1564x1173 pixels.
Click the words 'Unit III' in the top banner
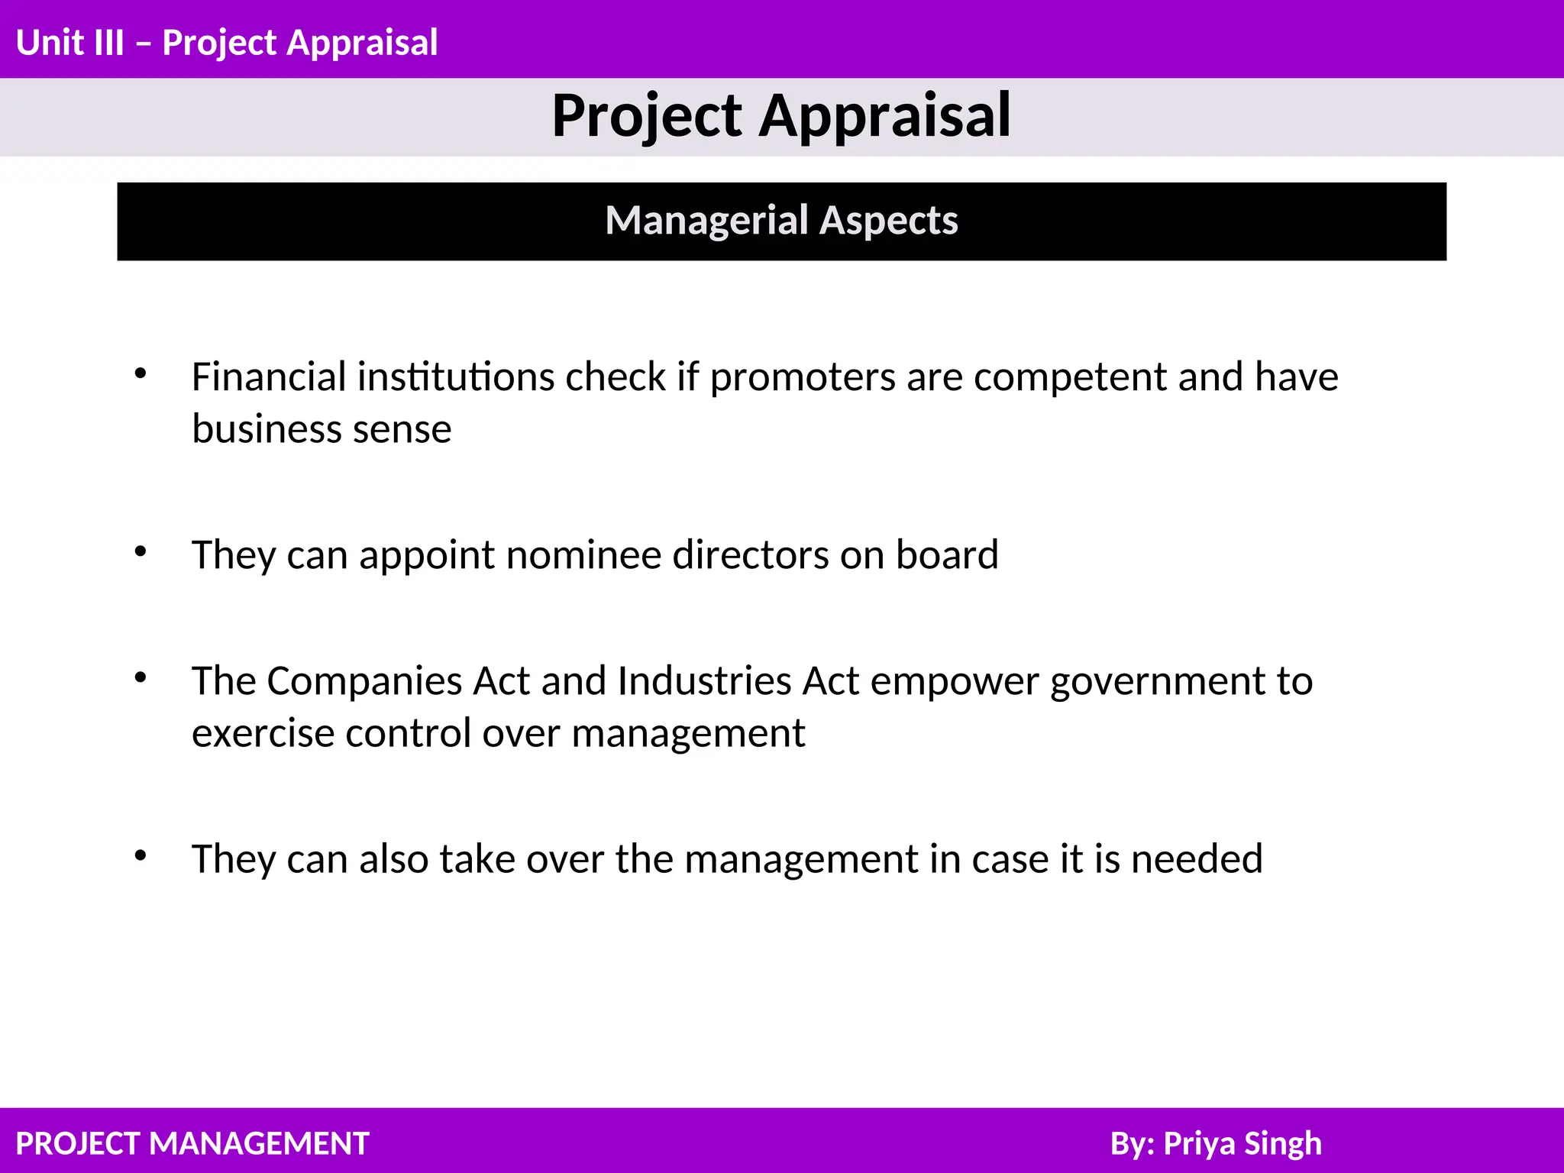pos(69,43)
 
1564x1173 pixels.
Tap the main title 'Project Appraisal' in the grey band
pos(781,116)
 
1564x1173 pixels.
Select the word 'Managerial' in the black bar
pos(706,221)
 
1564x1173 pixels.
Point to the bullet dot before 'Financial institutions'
pos(141,373)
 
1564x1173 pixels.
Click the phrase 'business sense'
pos(322,429)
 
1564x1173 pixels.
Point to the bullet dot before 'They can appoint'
pos(141,551)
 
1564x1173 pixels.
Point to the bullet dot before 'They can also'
pos(141,856)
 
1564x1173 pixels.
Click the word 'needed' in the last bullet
pos(1197,859)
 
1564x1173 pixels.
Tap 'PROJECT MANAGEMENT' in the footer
pos(192,1144)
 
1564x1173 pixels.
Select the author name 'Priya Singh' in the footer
pos(1242,1144)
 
